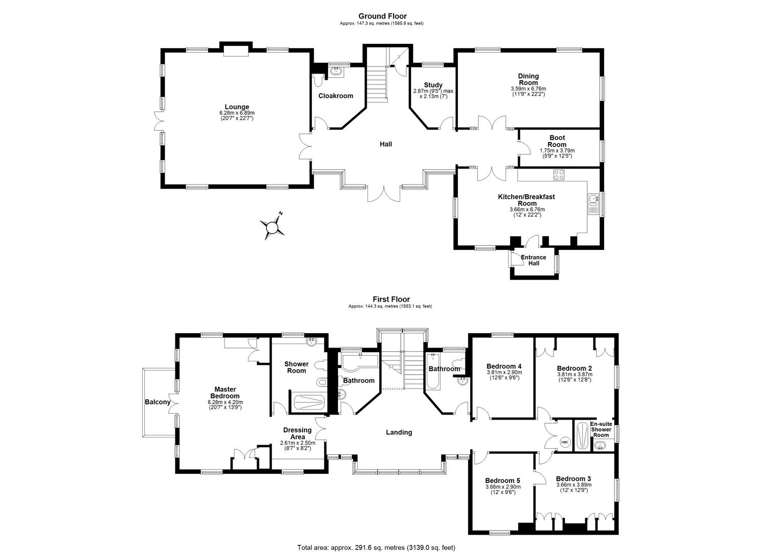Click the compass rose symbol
(x=272, y=226)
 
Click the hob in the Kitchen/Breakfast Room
(x=559, y=174)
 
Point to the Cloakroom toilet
(x=318, y=81)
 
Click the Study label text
(x=433, y=85)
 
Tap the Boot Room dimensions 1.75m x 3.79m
(x=557, y=151)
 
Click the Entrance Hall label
(x=533, y=260)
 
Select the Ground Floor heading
(x=382, y=16)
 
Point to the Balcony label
(x=157, y=402)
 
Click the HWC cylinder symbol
(x=565, y=442)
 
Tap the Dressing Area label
(x=297, y=433)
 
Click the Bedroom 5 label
(x=502, y=480)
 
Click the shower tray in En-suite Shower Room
(x=582, y=435)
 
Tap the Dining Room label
(x=528, y=79)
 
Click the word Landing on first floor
(x=399, y=432)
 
